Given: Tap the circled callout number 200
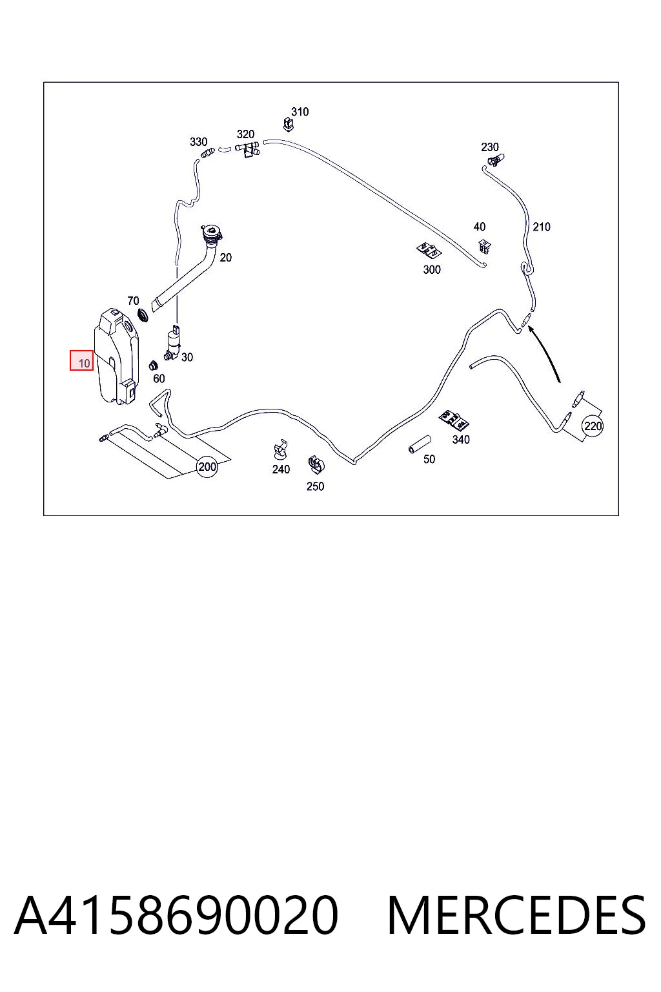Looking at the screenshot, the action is (207, 466).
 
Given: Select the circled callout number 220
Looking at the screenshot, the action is (593, 426).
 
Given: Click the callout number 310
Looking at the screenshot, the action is (300, 112).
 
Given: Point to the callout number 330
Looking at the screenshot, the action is (198, 141).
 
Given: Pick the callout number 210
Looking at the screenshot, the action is (541, 227).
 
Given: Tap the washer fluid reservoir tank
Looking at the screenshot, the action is (116, 357).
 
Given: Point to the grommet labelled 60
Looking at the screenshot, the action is (153, 366).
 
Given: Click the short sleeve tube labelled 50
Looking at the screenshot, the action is (420, 444).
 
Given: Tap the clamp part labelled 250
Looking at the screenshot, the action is (316, 464).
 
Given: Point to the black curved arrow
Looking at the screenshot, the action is (547, 351).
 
